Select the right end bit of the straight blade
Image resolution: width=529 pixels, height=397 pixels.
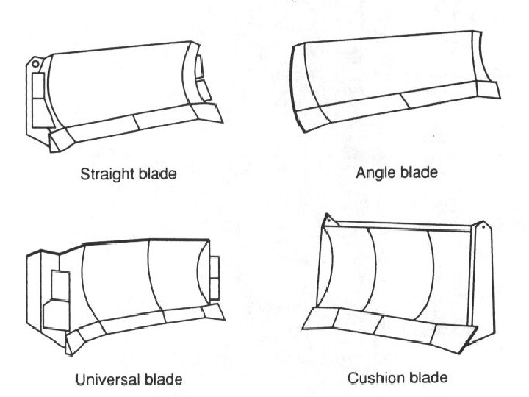[210, 112]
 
